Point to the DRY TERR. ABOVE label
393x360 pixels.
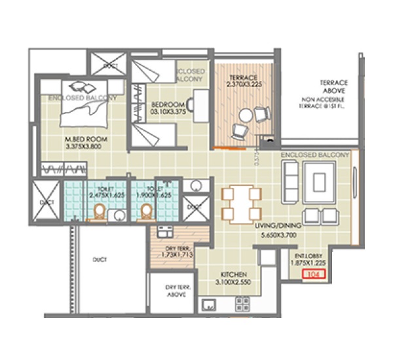[172, 291]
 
